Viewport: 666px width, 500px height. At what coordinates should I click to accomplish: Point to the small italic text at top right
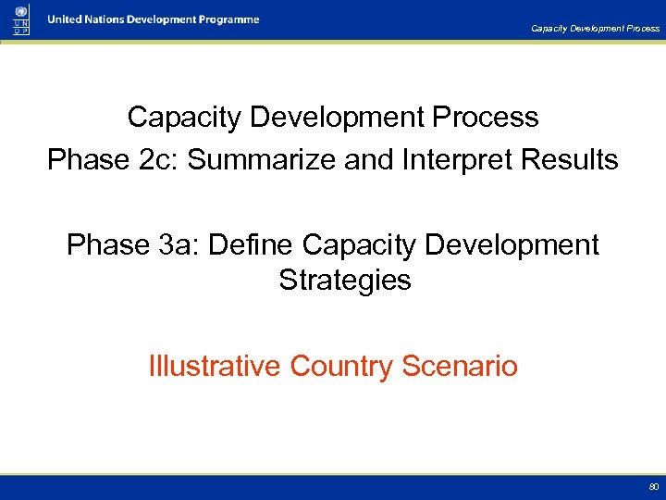click(x=595, y=28)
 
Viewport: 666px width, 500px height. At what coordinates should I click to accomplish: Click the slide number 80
click(x=653, y=486)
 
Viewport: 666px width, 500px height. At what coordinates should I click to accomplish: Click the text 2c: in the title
click(x=157, y=160)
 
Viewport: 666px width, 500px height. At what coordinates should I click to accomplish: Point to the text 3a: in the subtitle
click(x=177, y=245)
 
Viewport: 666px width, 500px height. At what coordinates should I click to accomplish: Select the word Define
click(x=251, y=245)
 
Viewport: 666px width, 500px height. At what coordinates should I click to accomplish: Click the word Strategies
click(x=344, y=280)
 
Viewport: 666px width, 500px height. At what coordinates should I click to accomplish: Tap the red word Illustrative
click(x=214, y=366)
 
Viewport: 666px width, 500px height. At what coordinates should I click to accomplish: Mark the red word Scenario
click(x=460, y=366)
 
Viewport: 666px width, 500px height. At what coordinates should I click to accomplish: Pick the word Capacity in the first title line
click(x=184, y=118)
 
